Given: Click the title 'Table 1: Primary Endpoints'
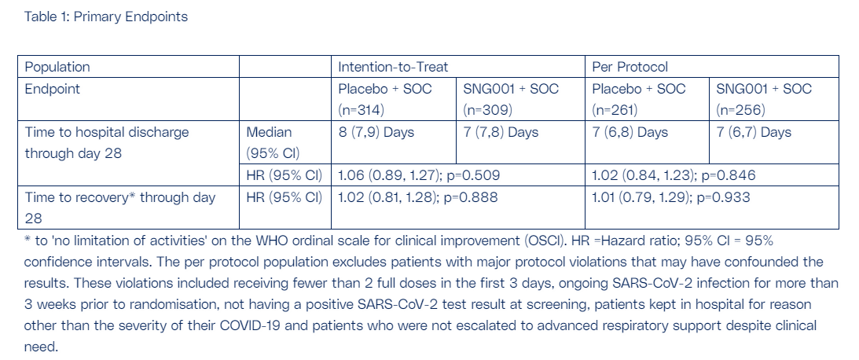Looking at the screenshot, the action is [106, 17].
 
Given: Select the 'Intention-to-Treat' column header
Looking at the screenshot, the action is [393, 67].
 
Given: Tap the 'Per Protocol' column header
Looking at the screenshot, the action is [630, 67].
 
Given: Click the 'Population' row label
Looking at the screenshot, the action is [57, 67].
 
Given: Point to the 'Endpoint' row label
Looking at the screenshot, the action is [53, 89].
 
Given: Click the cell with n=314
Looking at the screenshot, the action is [393, 98].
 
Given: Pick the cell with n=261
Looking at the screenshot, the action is [647, 98].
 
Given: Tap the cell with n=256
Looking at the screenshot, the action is [773, 98].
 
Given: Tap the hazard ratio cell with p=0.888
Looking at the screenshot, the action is [458, 208].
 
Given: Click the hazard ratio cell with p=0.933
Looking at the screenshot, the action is [711, 208].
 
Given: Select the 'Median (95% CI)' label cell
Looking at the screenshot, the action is [284, 142].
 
